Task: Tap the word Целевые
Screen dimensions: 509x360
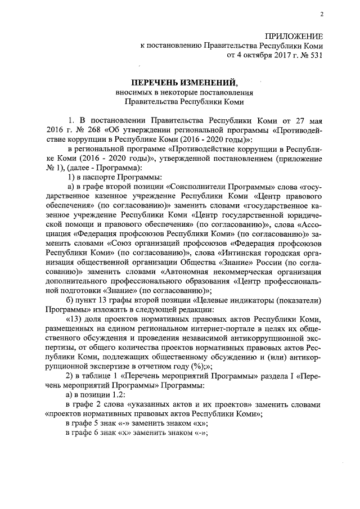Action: pos(243,300)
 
